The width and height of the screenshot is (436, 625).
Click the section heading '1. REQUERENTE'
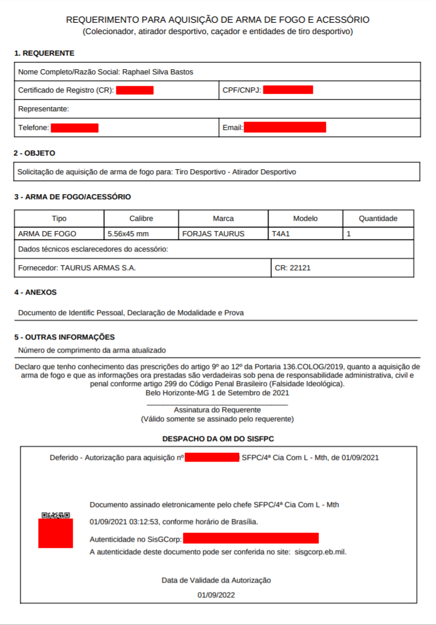(x=44, y=53)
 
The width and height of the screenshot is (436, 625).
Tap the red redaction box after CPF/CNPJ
(x=288, y=90)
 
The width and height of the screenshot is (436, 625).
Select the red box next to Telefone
(x=74, y=128)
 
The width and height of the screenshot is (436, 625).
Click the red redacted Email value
(x=285, y=127)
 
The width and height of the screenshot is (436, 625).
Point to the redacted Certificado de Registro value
(x=135, y=90)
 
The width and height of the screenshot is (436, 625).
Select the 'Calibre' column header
(x=141, y=219)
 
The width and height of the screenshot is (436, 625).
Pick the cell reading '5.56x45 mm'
(x=128, y=233)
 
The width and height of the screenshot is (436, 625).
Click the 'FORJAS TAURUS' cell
(x=213, y=233)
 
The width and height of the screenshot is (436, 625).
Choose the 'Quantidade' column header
(x=378, y=219)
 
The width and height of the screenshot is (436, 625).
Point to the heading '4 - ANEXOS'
(x=36, y=292)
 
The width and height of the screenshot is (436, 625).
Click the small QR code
(x=56, y=515)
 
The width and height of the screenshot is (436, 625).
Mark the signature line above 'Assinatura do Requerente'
(x=217, y=404)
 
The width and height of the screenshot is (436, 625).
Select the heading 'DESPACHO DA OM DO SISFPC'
(x=218, y=439)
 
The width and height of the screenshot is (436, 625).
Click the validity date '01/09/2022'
(x=216, y=595)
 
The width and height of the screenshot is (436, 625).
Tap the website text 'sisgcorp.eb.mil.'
(x=321, y=552)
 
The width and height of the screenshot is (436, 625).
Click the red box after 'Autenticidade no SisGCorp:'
(x=250, y=538)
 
